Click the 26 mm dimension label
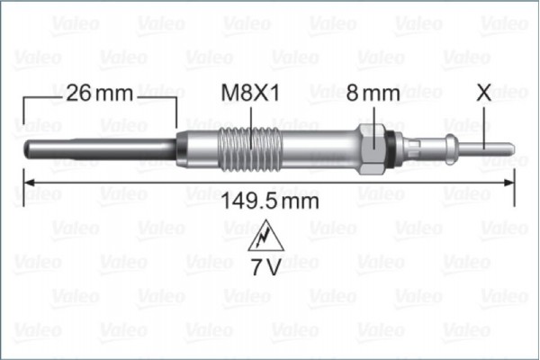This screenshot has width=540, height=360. (99, 93)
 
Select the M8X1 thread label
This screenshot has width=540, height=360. (250, 93)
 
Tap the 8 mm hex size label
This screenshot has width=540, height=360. (373, 93)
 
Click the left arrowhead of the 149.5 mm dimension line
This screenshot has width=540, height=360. (27, 182)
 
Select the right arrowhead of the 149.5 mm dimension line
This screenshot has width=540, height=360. (509, 182)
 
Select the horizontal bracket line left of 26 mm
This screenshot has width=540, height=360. (41, 94)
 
